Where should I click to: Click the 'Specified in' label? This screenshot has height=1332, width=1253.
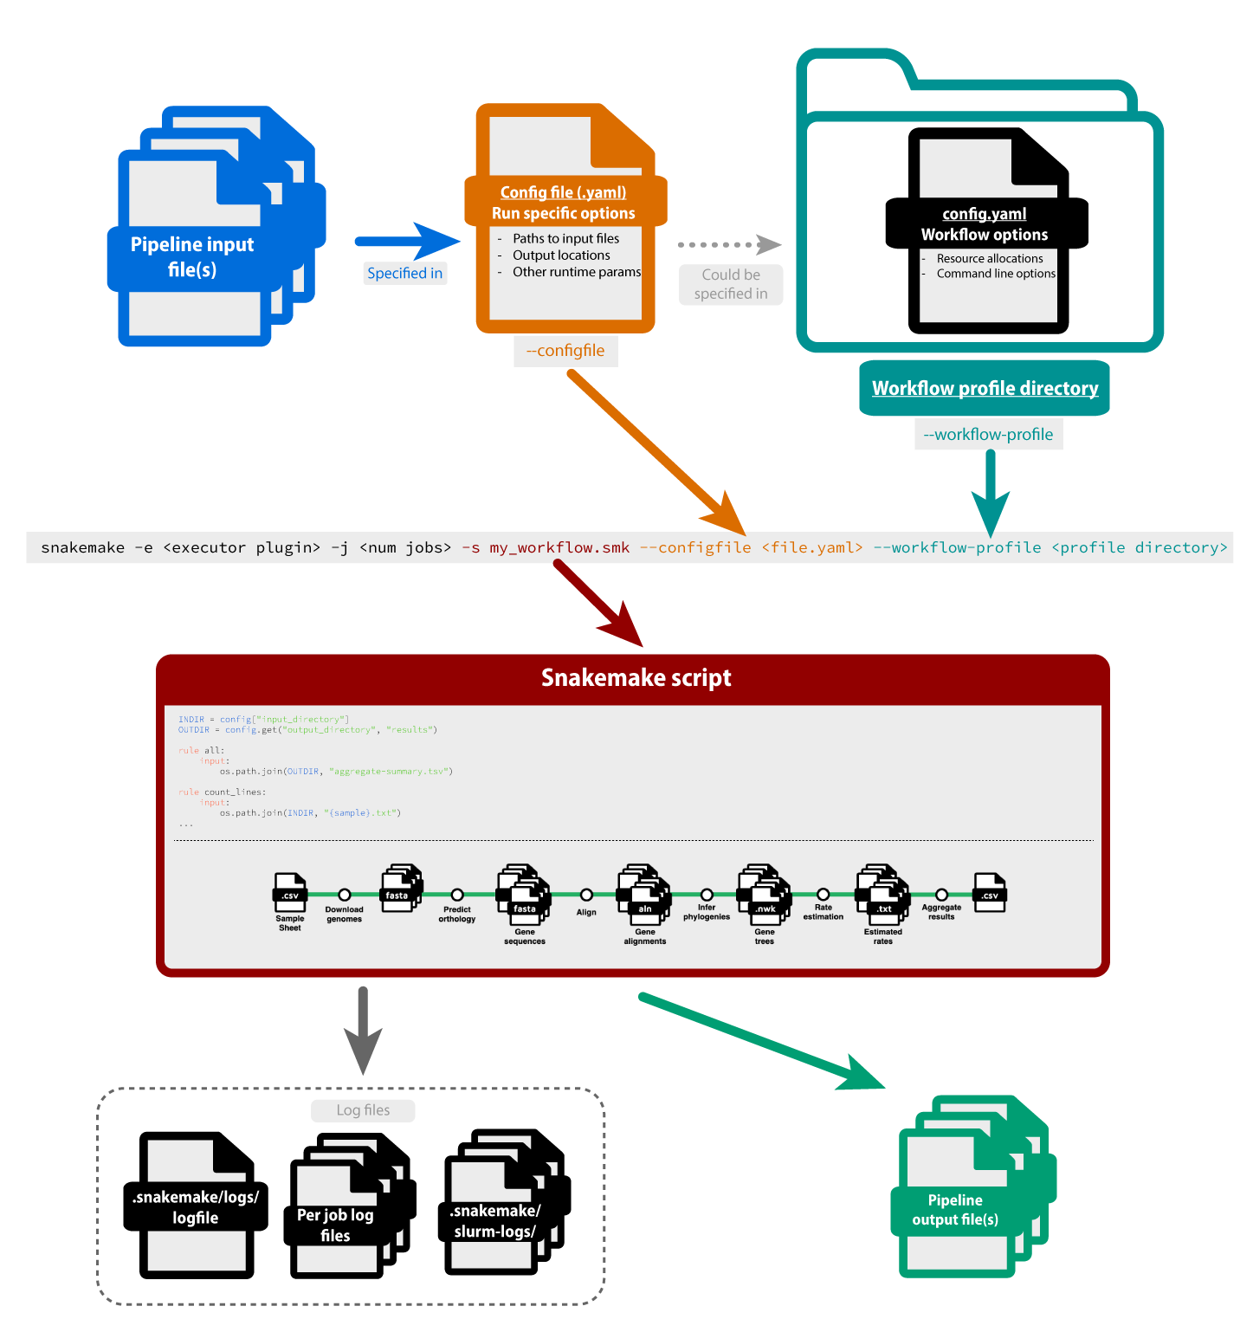pos(404,274)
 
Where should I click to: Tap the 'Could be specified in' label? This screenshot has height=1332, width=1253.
pos(731,285)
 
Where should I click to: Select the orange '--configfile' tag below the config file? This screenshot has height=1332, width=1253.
pos(565,351)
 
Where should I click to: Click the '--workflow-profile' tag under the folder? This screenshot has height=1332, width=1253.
pos(988,435)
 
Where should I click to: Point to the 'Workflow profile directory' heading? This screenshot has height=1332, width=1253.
pos(985,389)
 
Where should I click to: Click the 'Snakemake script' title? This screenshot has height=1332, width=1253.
pos(636,678)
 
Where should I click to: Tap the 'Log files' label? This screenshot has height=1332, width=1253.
pos(363,1110)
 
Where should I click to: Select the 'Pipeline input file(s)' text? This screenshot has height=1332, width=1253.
pos(192,257)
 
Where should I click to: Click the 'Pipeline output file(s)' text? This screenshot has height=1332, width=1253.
pos(955,1210)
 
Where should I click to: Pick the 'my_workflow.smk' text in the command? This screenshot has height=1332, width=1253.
pos(559,547)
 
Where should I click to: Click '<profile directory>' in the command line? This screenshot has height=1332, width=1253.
pos(1139,547)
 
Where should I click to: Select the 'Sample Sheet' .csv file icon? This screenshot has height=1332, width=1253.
pos(290,893)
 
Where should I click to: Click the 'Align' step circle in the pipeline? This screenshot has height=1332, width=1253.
pos(586,895)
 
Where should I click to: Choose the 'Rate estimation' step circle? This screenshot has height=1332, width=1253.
pos(823,895)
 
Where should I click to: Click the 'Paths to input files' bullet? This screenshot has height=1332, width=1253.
pos(565,239)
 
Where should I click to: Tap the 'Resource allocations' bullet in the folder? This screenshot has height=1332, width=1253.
pos(989,259)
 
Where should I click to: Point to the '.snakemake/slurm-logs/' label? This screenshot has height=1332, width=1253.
pos(495,1221)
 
